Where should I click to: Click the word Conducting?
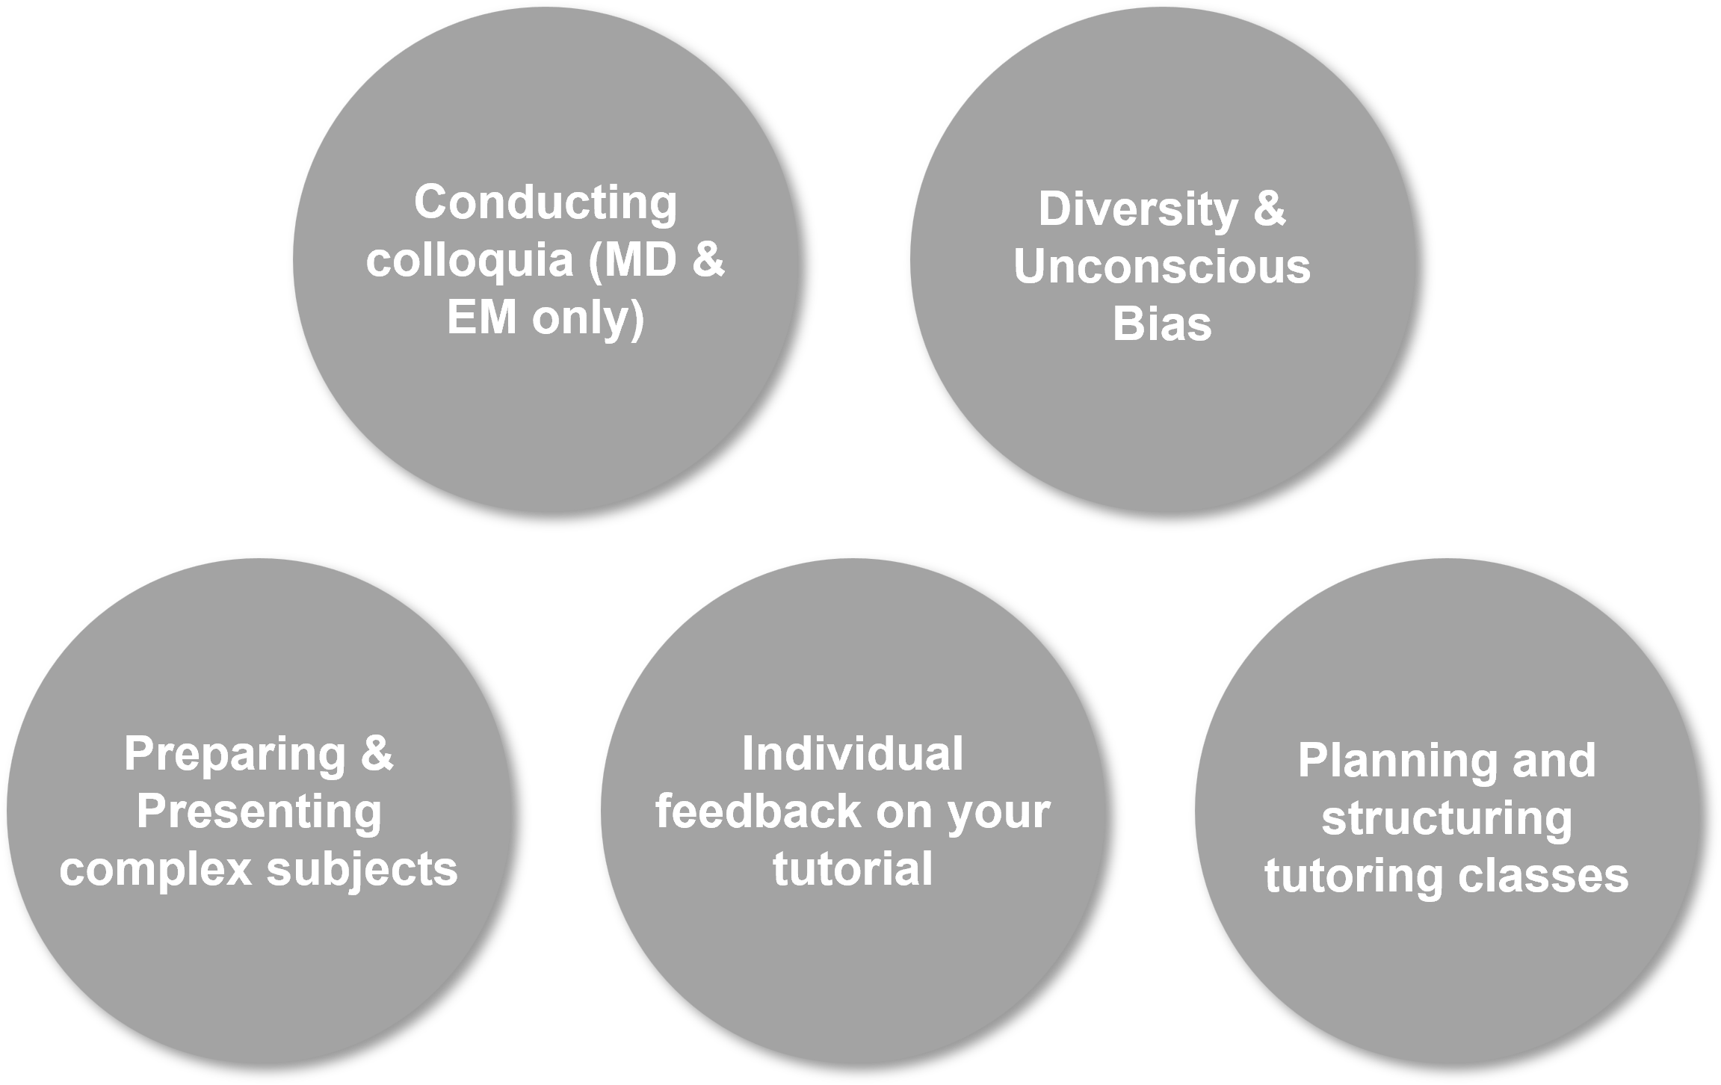click(546, 203)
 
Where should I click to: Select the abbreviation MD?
click(639, 261)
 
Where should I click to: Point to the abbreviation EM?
click(481, 319)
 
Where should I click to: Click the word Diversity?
click(1137, 209)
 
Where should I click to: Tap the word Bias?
click(1162, 325)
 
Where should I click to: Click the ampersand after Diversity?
click(1270, 209)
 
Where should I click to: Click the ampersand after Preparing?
click(377, 755)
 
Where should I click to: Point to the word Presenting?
click(259, 812)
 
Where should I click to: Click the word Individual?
click(853, 755)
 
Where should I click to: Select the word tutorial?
click(853, 870)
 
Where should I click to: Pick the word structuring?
click(1447, 819)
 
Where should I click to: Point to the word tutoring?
click(1353, 876)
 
